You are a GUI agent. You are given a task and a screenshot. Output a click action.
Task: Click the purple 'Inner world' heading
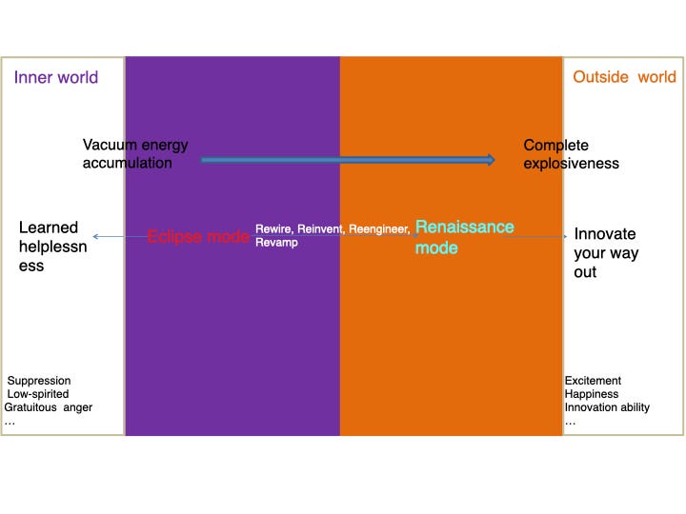(56, 77)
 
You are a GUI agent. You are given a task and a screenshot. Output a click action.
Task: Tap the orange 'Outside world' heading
(624, 77)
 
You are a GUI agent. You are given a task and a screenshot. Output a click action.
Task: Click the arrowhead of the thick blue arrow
(491, 160)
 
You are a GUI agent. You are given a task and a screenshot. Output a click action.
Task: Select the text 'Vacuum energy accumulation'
(135, 153)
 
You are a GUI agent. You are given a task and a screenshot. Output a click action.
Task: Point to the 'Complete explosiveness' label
(571, 154)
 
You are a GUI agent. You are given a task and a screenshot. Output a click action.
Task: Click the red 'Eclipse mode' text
(198, 236)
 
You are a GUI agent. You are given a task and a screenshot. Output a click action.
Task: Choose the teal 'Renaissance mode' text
(464, 237)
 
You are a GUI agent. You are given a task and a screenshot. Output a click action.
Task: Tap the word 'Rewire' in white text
(274, 228)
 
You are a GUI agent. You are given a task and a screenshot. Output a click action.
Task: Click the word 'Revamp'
(276, 242)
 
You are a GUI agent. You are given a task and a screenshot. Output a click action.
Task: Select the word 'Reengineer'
(379, 229)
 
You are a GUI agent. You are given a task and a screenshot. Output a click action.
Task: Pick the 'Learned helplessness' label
(53, 247)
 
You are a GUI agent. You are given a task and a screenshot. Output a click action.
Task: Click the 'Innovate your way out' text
(606, 252)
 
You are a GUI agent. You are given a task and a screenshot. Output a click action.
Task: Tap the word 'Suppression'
(39, 380)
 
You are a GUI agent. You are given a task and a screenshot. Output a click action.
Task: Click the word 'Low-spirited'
(38, 394)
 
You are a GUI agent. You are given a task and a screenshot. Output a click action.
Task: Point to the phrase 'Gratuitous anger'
(49, 407)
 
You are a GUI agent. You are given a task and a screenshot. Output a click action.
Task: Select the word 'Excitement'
(593, 380)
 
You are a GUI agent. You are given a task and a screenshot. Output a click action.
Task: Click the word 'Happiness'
(592, 394)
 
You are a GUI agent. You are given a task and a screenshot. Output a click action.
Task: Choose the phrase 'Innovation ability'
(607, 407)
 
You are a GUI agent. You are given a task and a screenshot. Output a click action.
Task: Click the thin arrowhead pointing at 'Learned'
(96, 236)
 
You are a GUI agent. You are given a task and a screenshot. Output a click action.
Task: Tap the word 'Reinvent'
(321, 228)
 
